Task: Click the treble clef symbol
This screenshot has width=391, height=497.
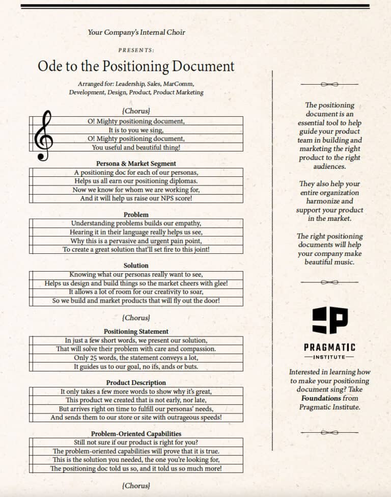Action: pos(43,136)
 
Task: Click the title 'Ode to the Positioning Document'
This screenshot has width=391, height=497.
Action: pos(136,66)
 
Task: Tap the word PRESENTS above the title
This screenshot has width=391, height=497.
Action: pos(136,50)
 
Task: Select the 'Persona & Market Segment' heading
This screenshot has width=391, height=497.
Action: pos(136,164)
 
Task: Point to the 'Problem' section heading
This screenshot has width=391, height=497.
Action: pos(136,215)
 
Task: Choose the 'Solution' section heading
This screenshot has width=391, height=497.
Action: pos(136,266)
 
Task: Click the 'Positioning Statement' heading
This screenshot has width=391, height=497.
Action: pos(136,331)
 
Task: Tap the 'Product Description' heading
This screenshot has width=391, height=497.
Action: pos(136,382)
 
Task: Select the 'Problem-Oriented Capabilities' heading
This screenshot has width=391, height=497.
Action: pos(136,433)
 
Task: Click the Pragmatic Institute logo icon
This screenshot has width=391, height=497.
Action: pos(329,321)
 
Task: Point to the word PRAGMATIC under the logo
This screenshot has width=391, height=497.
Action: pos(329,347)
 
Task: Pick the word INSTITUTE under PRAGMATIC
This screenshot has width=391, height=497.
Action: pos(329,357)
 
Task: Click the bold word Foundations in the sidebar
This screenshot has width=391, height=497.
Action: pos(321,398)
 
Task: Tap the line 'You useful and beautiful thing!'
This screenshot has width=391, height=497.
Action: pos(136,147)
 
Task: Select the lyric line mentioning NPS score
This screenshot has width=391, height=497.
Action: pos(136,198)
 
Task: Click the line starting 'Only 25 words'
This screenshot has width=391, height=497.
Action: pos(136,358)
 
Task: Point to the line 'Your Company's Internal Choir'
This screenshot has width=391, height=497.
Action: pos(136,32)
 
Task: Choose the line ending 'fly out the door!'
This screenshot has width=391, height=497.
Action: pos(136,301)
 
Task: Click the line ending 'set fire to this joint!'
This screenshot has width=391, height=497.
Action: pos(136,250)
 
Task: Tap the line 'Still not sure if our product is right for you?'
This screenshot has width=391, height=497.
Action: pos(136,442)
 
